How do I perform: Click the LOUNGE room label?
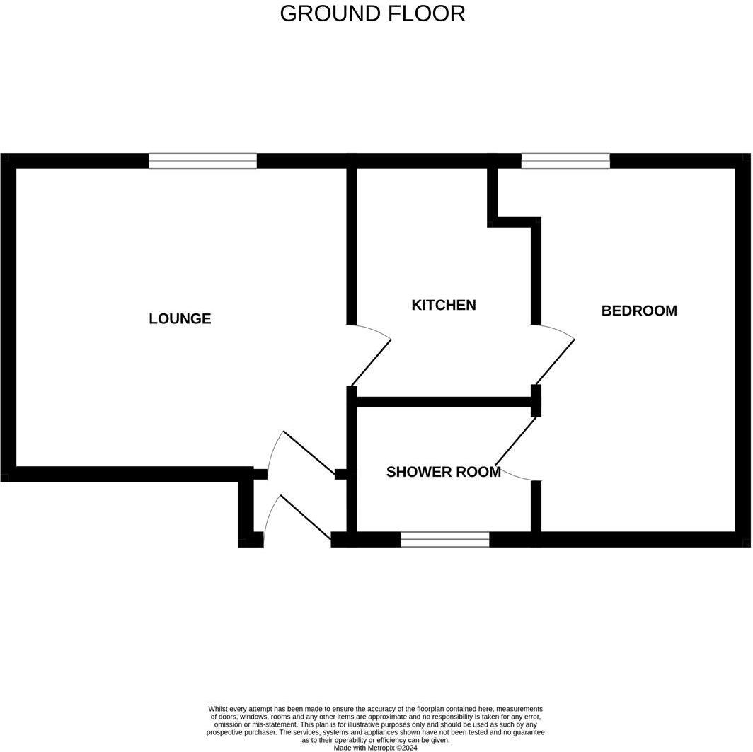tap(180, 318)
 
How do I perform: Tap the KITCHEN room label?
tap(444, 305)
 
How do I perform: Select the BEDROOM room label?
tap(639, 311)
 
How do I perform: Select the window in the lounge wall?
tap(202, 161)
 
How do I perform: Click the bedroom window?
tap(565, 161)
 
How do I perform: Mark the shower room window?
tap(444, 540)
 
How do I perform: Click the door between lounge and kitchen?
tap(371, 360)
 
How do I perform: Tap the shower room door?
tap(517, 440)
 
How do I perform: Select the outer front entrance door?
tap(305, 518)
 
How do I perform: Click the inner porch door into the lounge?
tap(309, 453)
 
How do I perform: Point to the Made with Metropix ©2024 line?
tap(375, 747)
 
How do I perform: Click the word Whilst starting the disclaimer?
tap(219, 709)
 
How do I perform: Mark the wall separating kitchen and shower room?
tap(444, 402)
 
